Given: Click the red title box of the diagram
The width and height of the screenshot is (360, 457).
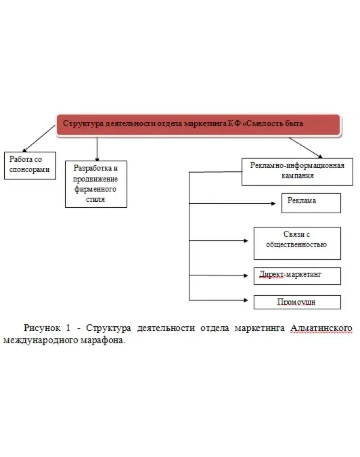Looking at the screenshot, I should [198, 125].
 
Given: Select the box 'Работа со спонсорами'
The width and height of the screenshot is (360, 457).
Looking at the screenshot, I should [30, 165].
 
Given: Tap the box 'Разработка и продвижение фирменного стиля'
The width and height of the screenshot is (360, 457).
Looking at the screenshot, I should [96, 184].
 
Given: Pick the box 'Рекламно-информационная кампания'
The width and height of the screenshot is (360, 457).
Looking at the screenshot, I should [297, 171].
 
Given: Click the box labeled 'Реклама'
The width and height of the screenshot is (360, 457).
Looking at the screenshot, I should [311, 203].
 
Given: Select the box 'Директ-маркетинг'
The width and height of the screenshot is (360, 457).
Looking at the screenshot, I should [297, 275].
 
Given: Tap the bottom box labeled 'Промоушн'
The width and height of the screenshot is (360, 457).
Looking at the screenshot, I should [297, 302].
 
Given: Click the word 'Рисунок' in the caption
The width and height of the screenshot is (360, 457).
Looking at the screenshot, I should [42, 328].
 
